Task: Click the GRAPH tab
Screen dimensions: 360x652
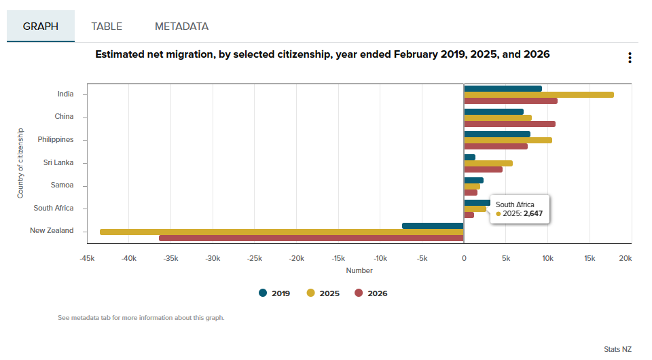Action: tap(41, 26)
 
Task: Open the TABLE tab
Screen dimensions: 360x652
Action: tap(107, 26)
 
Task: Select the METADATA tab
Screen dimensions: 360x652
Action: tap(181, 26)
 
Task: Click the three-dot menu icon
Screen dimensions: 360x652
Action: tap(630, 58)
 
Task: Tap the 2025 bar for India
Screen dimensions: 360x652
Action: tap(539, 94)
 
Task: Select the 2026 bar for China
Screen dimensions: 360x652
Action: tap(509, 124)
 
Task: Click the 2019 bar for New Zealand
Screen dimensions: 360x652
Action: tap(433, 226)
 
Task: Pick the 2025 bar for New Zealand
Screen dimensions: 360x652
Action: tap(281, 232)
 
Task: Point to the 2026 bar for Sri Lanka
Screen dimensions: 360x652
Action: tap(483, 169)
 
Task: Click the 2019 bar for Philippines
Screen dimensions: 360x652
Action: tap(496, 134)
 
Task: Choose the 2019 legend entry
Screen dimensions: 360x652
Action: tap(275, 293)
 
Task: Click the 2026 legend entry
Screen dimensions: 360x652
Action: tap(371, 293)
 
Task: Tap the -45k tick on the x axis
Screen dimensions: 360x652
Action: tap(87, 258)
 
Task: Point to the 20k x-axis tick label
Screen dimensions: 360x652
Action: tap(626, 258)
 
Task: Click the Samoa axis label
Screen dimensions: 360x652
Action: tap(62, 185)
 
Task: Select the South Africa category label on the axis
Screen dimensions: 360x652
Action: tap(54, 208)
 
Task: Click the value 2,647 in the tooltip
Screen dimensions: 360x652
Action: tap(532, 213)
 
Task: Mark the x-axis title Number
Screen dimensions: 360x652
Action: tap(359, 270)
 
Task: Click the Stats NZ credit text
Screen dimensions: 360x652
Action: tap(617, 349)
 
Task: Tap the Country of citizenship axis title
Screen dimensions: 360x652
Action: tap(21, 163)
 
